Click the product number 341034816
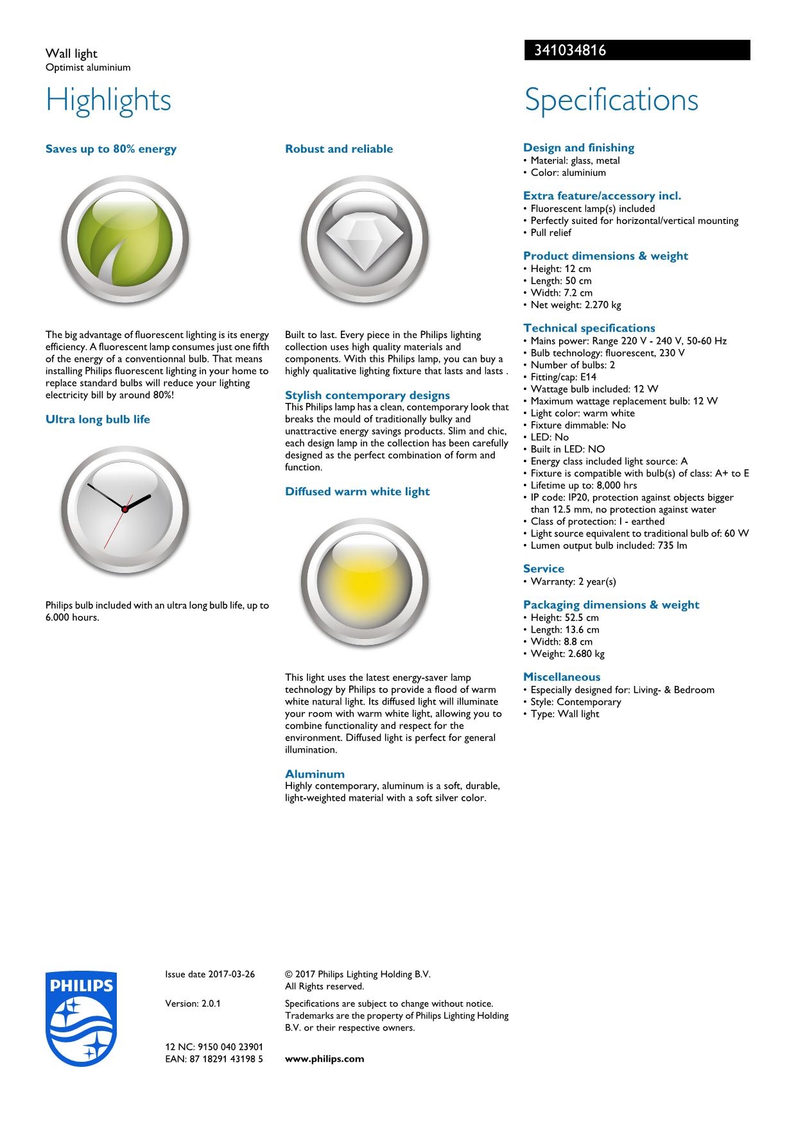[x=570, y=51]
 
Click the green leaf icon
[x=125, y=240]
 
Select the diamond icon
[x=364, y=240]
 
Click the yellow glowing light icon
[x=364, y=583]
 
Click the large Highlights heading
[x=108, y=100]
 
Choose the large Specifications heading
[x=611, y=100]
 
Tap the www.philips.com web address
[x=324, y=1059]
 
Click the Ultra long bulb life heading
[x=98, y=420]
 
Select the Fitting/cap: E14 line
[x=563, y=377]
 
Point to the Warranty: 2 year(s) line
[x=573, y=581]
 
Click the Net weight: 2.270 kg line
[x=575, y=305]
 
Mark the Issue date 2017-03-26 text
[x=209, y=974]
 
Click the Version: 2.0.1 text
[x=193, y=1003]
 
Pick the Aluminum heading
[x=315, y=774]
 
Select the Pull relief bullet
[x=550, y=232]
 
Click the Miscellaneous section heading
[x=562, y=677]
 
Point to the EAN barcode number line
[x=214, y=1059]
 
